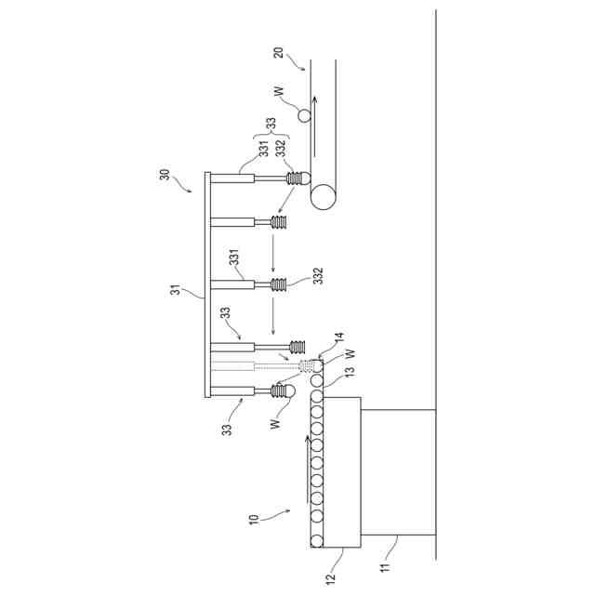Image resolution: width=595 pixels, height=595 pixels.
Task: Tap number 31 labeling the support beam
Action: [174, 291]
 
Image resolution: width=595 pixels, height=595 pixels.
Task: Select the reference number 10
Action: [254, 518]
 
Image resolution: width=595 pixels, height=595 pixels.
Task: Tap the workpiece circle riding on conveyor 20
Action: [303, 116]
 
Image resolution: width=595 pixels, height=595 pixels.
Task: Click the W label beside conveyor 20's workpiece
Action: [278, 94]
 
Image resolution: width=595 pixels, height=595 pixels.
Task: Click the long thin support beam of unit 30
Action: [207, 286]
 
